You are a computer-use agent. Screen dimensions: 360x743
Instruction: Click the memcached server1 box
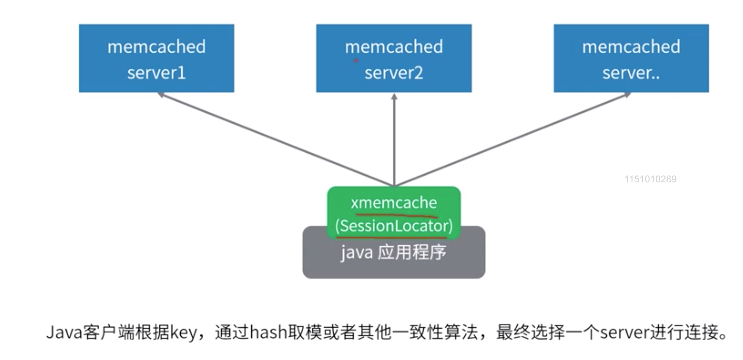pyautogui.click(x=156, y=58)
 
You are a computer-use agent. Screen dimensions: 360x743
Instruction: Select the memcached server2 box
pyautogui.click(x=394, y=58)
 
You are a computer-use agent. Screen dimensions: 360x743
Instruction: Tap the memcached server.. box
pyautogui.click(x=631, y=58)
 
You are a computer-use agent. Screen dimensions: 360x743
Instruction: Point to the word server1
pyautogui.click(x=156, y=73)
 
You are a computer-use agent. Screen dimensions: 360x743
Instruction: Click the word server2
pyautogui.click(x=394, y=73)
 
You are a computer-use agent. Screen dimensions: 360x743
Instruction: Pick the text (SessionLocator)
pyautogui.click(x=394, y=226)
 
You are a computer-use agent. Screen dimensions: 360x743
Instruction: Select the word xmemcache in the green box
pyautogui.click(x=394, y=203)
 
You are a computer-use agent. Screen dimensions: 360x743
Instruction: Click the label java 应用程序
pyautogui.click(x=393, y=253)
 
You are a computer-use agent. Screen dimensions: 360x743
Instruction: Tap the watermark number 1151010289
pyautogui.click(x=650, y=179)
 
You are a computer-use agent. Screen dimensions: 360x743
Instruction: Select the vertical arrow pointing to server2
pyautogui.click(x=394, y=140)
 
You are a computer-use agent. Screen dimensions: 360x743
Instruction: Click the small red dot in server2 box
pyautogui.click(x=355, y=61)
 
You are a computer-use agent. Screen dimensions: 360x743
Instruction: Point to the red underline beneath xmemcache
pyautogui.click(x=396, y=216)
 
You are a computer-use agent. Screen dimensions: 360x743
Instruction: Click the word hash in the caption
pyautogui.click(x=268, y=332)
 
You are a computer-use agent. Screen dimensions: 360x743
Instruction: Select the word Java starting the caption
pyautogui.click(x=64, y=332)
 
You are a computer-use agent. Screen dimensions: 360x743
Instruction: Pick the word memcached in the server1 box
pyautogui.click(x=156, y=46)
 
